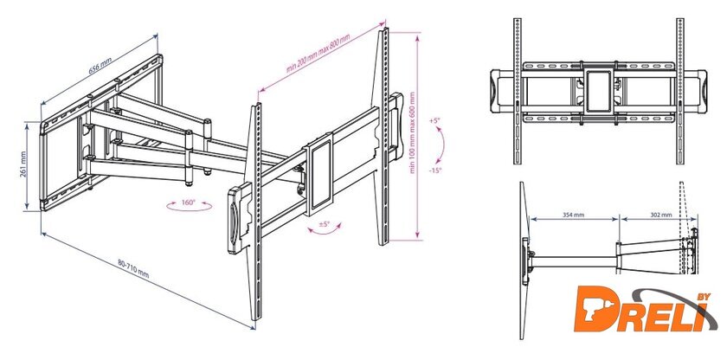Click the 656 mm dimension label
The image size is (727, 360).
pos(100,65)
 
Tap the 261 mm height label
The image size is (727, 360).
pos(23,164)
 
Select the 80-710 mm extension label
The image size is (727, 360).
pos(133,268)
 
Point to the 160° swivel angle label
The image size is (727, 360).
pos(190,202)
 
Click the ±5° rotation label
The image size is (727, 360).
pos(324,224)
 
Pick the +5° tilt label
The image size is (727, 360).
pos(434,120)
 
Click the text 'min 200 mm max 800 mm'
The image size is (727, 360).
pos(318,54)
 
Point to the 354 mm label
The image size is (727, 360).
pos(573,215)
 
